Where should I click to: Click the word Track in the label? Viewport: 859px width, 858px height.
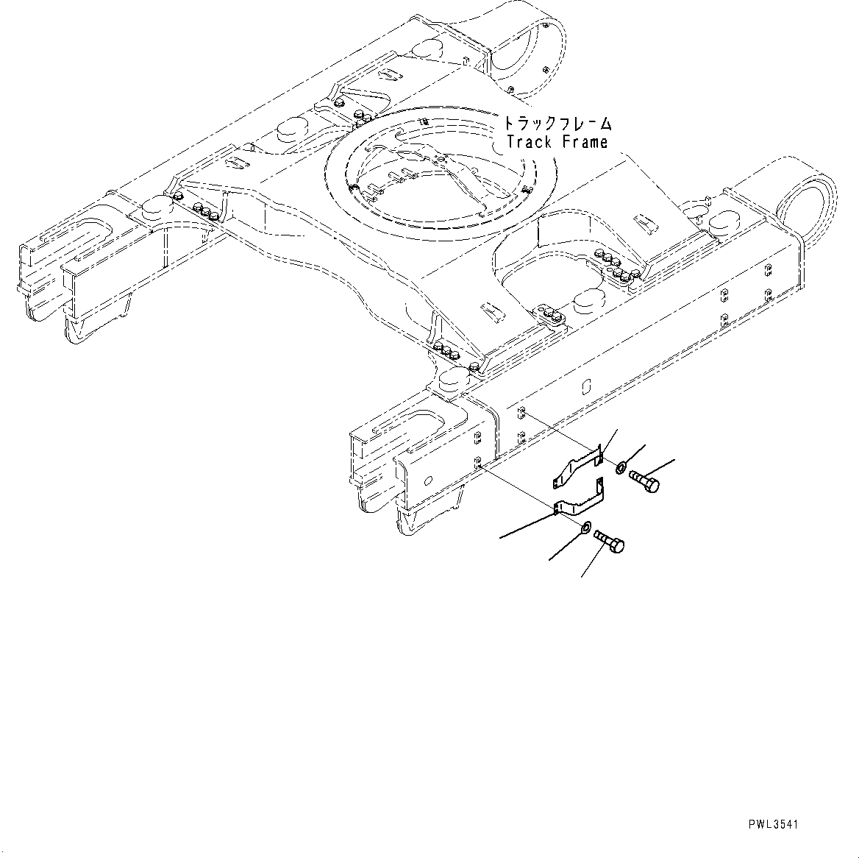[x=530, y=142]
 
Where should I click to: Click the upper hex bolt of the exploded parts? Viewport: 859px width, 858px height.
[x=645, y=483]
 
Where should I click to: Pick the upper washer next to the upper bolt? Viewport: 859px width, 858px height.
[x=621, y=467]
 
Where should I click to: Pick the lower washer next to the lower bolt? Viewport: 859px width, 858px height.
[x=585, y=527]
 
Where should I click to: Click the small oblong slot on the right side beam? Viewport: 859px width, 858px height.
[x=586, y=386]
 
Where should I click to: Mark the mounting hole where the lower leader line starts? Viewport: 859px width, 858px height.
[x=478, y=464]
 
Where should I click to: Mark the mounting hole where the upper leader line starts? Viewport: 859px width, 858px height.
[x=521, y=412]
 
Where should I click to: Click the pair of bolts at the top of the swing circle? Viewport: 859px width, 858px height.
[x=360, y=115]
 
